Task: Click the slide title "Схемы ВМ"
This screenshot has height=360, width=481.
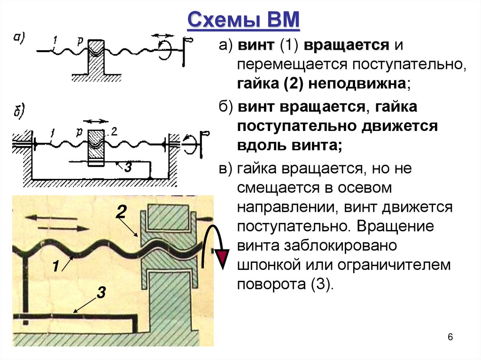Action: pos(244,22)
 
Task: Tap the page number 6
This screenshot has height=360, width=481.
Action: pos(450,337)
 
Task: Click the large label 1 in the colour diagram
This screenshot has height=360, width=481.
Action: pos(55,267)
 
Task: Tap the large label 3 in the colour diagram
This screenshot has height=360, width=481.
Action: pos(101,293)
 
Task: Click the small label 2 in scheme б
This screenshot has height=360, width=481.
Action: pos(114,131)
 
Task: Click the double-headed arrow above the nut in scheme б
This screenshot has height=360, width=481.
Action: pos(95,120)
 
